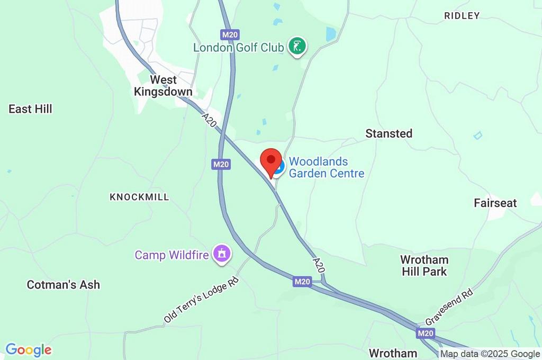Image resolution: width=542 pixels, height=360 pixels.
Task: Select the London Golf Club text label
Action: click(x=238, y=48)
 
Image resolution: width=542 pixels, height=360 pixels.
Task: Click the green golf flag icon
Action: click(x=297, y=46)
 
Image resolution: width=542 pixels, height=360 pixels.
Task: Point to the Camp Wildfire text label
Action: click(x=172, y=255)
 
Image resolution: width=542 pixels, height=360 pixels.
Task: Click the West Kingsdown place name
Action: click(x=163, y=86)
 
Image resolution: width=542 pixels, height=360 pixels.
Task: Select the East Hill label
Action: click(x=30, y=109)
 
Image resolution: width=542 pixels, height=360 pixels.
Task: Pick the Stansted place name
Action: click(x=389, y=133)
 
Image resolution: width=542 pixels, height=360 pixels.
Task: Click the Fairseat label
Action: click(x=495, y=203)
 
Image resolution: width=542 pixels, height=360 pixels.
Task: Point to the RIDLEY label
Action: click(x=462, y=16)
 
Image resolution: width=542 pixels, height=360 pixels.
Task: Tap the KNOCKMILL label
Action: click(x=139, y=197)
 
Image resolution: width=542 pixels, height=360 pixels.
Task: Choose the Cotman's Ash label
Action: click(x=64, y=285)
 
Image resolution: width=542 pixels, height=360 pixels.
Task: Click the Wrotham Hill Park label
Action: click(x=424, y=266)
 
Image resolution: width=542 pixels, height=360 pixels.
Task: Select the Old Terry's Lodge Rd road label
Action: click(x=201, y=300)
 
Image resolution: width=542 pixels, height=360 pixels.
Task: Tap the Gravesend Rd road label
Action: click(x=449, y=308)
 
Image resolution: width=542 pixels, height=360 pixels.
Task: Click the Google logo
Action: click(x=29, y=350)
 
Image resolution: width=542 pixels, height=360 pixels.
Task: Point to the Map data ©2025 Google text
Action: click(x=490, y=354)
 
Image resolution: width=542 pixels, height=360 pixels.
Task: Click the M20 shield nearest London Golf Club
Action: click(x=230, y=35)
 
